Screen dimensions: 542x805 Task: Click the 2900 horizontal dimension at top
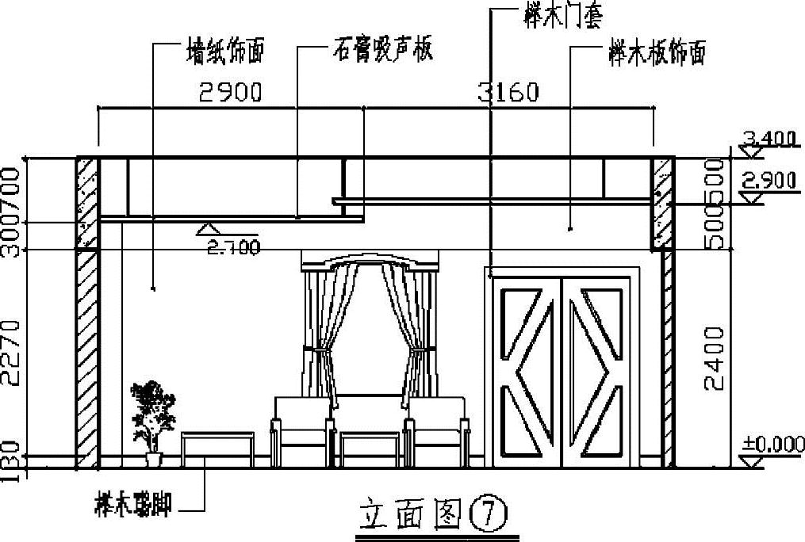pos(230,94)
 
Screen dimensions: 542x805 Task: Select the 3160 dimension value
pos(508,94)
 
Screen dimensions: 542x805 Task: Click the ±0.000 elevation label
pos(772,445)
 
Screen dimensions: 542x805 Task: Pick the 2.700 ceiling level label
pos(233,247)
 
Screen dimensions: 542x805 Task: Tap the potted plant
pos(152,420)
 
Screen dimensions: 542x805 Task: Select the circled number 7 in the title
pos(485,516)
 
